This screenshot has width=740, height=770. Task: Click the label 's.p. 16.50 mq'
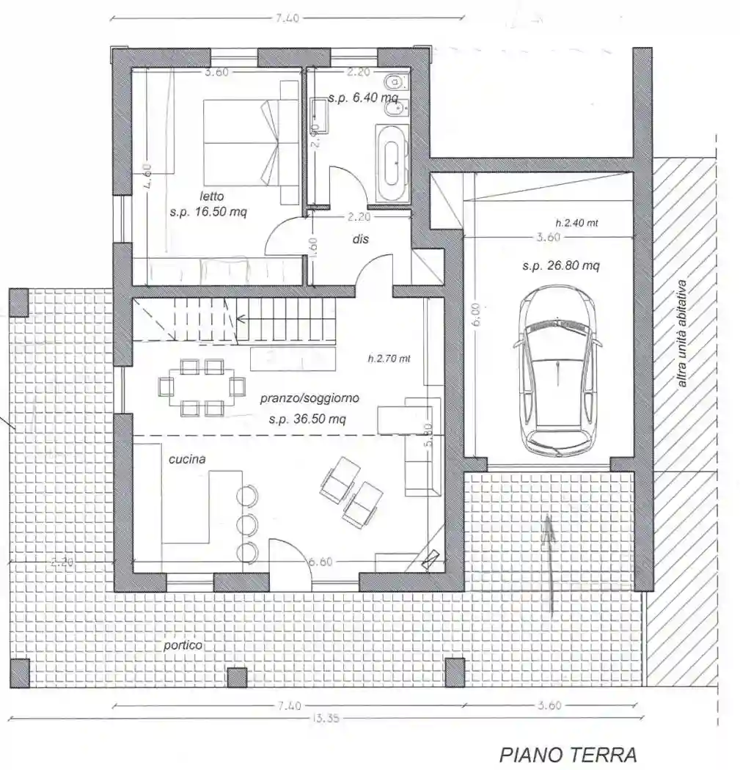[208, 212]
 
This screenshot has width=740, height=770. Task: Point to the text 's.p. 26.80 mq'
[560, 266]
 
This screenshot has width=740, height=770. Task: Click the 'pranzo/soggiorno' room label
[309, 399]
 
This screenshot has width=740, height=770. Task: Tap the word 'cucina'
[187, 459]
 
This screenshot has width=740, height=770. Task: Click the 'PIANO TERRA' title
[568, 754]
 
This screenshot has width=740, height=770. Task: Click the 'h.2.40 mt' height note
[576, 222]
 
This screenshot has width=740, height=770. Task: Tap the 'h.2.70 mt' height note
[389, 359]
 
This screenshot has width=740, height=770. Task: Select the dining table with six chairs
[202, 386]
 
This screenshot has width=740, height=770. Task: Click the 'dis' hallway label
[359, 239]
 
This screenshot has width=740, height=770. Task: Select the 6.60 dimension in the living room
[320, 562]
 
